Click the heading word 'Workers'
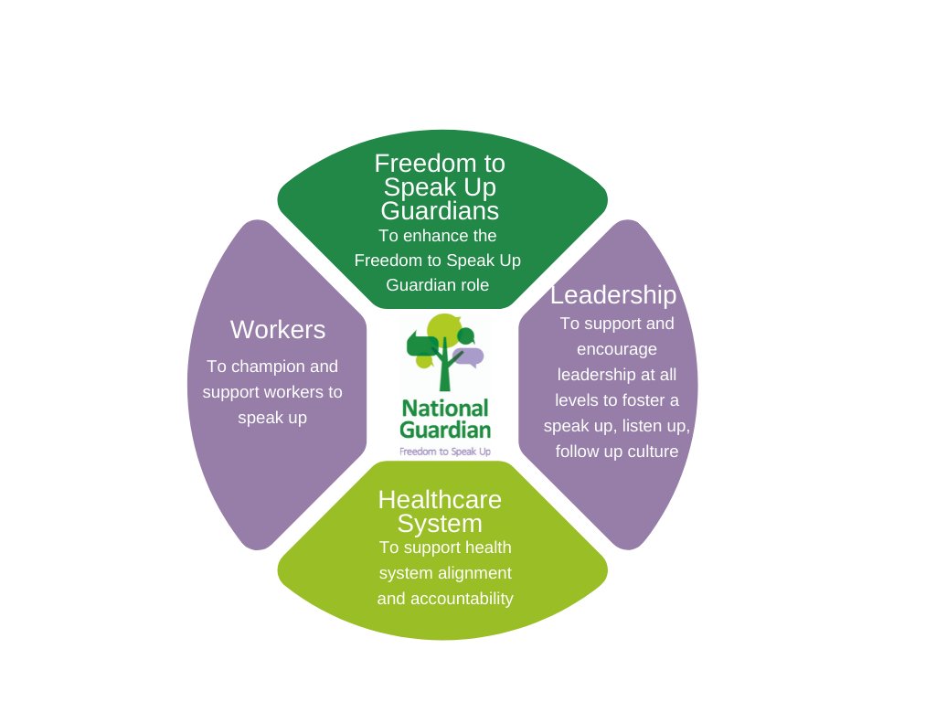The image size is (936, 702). click(277, 330)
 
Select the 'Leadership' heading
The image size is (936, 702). click(613, 295)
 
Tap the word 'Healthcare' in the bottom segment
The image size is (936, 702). click(440, 500)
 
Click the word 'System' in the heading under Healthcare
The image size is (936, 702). click(440, 524)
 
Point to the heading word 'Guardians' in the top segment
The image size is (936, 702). click(440, 211)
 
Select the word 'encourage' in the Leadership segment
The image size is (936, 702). click(616, 349)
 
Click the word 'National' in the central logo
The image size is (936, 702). click(445, 408)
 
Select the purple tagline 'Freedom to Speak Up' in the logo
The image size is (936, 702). click(445, 452)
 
